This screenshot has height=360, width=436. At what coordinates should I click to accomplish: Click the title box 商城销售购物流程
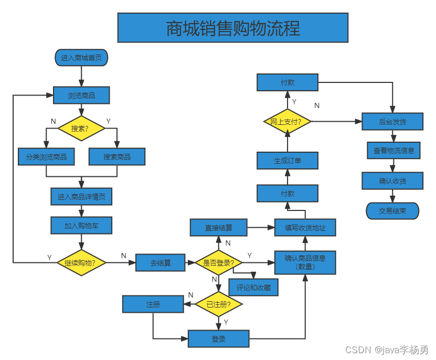(233, 28)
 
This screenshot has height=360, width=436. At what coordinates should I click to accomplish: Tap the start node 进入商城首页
(81, 58)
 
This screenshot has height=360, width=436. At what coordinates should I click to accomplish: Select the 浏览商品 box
(81, 96)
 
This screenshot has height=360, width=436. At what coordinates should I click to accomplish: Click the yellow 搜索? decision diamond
(81, 128)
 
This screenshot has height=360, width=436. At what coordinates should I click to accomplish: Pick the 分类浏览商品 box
(46, 156)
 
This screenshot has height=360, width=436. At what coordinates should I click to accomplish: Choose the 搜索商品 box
(117, 156)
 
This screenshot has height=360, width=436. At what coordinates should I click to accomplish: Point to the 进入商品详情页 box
(81, 197)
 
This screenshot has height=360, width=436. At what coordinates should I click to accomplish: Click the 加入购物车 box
(81, 225)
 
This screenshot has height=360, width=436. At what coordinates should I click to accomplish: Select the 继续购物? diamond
(81, 262)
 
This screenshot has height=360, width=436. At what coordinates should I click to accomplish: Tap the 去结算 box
(161, 262)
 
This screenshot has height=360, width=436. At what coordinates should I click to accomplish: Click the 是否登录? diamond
(219, 262)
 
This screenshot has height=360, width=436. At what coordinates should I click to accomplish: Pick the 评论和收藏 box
(253, 288)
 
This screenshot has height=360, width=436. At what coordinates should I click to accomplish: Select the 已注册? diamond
(219, 304)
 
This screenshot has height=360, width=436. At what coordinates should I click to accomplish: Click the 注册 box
(153, 304)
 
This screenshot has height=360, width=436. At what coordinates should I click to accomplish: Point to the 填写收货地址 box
(305, 228)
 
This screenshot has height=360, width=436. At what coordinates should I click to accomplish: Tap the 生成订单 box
(288, 161)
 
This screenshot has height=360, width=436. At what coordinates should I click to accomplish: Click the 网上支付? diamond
(288, 121)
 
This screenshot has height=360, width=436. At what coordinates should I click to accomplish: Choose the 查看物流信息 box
(394, 151)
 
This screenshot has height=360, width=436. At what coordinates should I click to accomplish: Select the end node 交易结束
(392, 211)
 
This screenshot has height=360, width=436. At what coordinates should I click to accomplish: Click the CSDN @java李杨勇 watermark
(387, 350)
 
